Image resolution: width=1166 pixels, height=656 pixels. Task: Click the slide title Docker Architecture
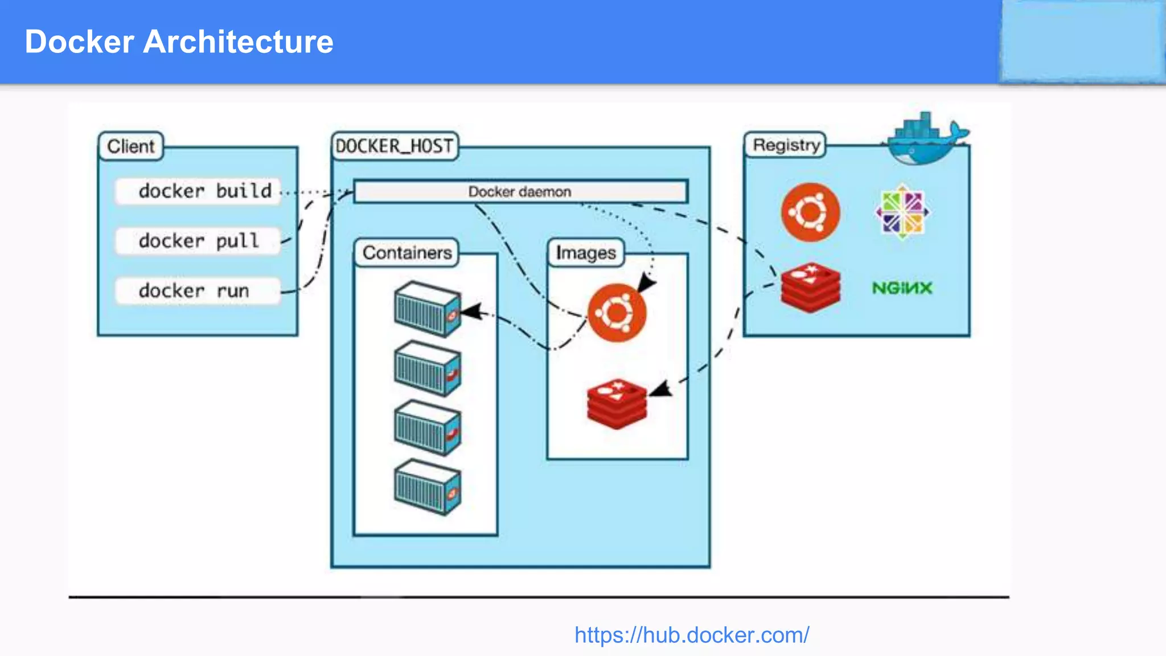pyautogui.click(x=179, y=42)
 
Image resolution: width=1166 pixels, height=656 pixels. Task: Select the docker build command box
pyautogui.click(x=198, y=191)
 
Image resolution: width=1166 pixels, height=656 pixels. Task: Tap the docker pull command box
pyautogui.click(x=198, y=241)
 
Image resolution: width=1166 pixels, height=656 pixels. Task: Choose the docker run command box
pyautogui.click(x=198, y=291)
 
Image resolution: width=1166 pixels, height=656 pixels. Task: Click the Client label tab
pyautogui.click(x=131, y=146)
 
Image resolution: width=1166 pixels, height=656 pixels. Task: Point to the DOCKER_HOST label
pyautogui.click(x=394, y=146)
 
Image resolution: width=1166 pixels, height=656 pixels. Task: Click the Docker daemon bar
pyautogui.click(x=520, y=192)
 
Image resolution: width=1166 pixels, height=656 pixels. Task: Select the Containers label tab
pyautogui.click(x=407, y=252)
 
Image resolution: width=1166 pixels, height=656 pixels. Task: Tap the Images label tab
pyautogui.click(x=586, y=252)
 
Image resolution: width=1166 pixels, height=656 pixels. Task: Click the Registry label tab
pyautogui.click(x=786, y=145)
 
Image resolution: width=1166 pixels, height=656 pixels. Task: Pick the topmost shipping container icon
pyautogui.click(x=427, y=309)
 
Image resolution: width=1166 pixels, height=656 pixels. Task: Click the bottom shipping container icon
pyautogui.click(x=427, y=487)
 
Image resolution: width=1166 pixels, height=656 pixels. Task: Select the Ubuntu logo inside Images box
pyautogui.click(x=617, y=313)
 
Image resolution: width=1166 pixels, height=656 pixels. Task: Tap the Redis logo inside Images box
pyautogui.click(x=617, y=403)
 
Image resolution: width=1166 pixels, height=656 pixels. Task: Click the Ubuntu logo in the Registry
pyautogui.click(x=810, y=212)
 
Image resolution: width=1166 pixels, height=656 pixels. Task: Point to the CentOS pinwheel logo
pyautogui.click(x=902, y=212)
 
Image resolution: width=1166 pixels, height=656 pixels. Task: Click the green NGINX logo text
pyautogui.click(x=902, y=288)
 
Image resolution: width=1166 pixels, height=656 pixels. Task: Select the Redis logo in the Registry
pyautogui.click(x=810, y=288)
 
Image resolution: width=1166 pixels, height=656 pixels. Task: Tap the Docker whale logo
pyautogui.click(x=925, y=140)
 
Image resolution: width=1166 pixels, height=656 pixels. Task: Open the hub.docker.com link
pyautogui.click(x=691, y=635)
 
